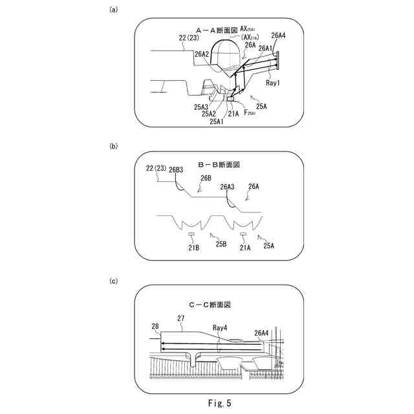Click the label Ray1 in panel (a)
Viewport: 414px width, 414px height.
pyautogui.click(x=272, y=83)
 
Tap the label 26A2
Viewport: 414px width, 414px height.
pyautogui.click(x=201, y=54)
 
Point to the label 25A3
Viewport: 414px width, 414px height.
pyautogui.click(x=201, y=107)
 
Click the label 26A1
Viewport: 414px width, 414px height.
pyautogui.click(x=265, y=47)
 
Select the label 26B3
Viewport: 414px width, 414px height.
pyautogui.click(x=176, y=171)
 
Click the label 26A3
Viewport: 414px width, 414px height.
pyautogui.click(x=227, y=187)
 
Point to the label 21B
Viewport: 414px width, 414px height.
pyautogui.click(x=192, y=246)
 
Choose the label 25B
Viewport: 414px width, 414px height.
pyautogui.click(x=221, y=244)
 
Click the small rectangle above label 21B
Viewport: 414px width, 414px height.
pyautogui.click(x=191, y=234)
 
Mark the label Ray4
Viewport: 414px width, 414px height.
pyautogui.click(x=220, y=328)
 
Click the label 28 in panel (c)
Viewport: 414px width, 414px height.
pyautogui.click(x=155, y=327)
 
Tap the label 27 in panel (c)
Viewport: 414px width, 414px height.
pyautogui.click(x=181, y=318)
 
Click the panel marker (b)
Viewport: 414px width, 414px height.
pyautogui.click(x=114, y=146)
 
